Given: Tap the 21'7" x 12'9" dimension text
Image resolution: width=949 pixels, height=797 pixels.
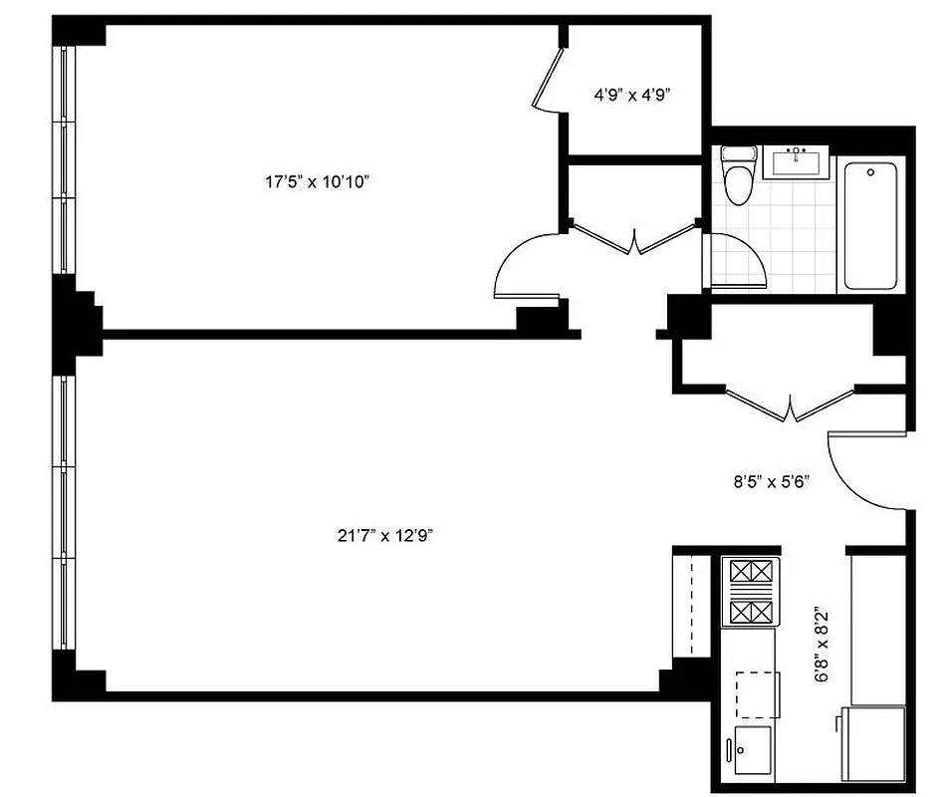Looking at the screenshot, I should pos(384,535).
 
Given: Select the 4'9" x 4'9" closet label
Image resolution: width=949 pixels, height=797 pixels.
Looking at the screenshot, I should pos(632,96).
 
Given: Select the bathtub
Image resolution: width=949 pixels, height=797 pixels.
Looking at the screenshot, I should pos(871,222).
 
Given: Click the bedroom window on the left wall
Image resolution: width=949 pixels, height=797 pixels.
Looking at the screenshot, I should pos(65,159).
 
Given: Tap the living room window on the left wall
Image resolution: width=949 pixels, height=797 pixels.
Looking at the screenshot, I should pos(65,513).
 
